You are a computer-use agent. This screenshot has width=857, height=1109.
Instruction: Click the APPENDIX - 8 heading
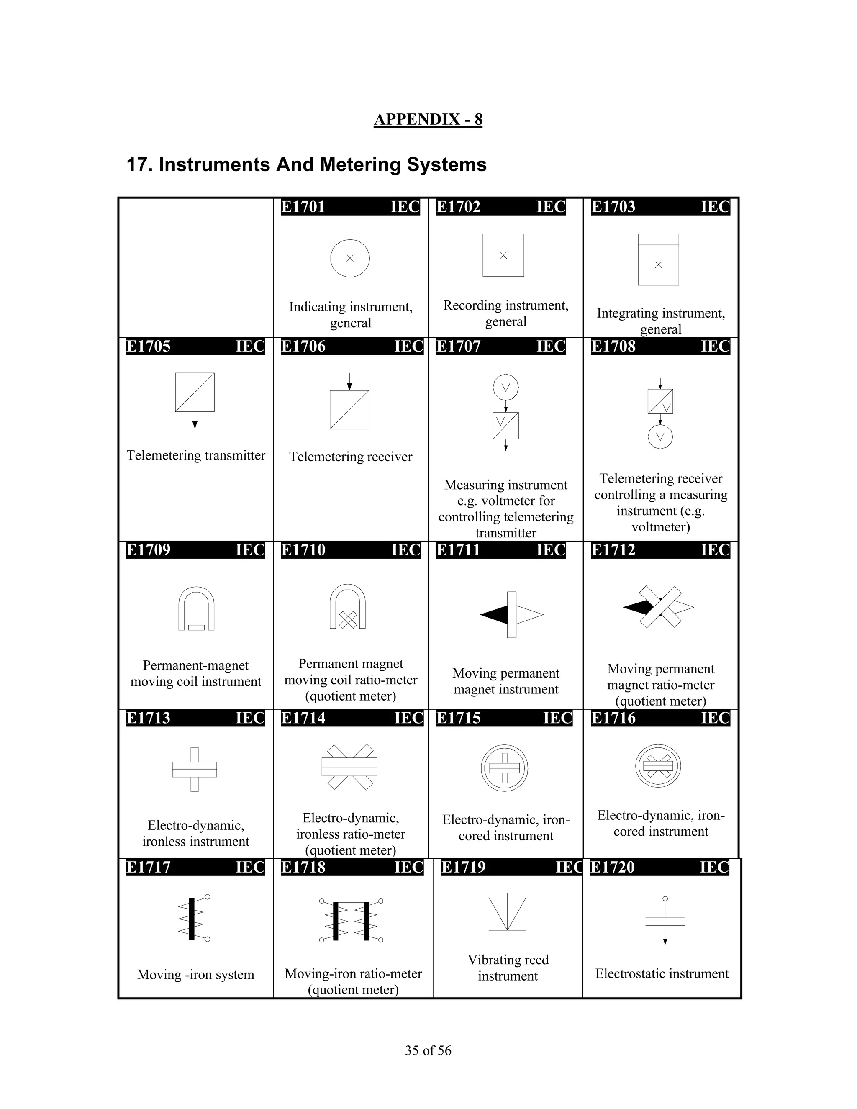point(428,119)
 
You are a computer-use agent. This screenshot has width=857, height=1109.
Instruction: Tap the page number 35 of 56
point(428,1050)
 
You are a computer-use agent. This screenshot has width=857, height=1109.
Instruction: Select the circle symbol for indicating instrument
point(350,258)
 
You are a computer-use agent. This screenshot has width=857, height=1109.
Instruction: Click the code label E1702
point(459,207)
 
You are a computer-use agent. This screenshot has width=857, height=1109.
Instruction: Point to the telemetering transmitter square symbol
point(195,393)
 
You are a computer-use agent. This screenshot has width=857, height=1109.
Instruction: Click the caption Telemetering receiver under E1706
point(350,457)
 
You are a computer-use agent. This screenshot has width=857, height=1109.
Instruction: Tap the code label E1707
point(459,347)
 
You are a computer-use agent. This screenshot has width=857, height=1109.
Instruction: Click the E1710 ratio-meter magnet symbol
point(348,607)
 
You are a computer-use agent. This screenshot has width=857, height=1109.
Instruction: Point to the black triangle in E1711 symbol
point(495,614)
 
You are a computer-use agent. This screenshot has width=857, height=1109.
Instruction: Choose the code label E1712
point(613,550)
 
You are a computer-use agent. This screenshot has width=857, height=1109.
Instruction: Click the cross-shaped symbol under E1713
point(195,769)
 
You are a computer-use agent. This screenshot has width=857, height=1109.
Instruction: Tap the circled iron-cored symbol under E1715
point(504,768)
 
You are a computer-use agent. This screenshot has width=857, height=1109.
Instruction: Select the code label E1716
point(613,718)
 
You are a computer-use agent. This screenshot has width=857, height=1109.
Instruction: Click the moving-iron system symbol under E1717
point(193,919)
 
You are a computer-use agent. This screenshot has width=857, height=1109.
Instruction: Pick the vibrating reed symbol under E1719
point(507,914)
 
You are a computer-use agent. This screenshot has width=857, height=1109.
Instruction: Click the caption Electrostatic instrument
point(662,973)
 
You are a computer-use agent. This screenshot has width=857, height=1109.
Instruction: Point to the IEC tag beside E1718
point(409,867)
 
